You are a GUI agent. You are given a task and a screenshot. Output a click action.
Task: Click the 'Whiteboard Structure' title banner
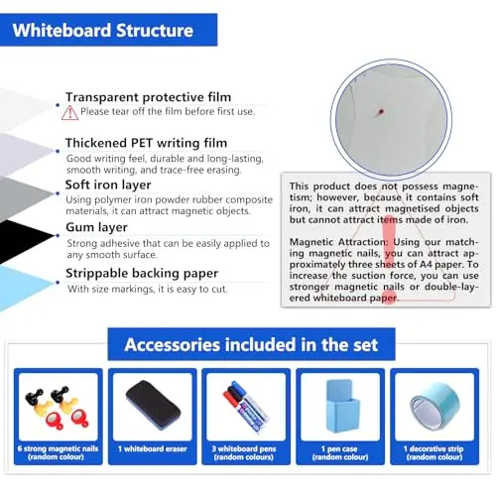108,30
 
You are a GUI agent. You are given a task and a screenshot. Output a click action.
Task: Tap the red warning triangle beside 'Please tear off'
69,112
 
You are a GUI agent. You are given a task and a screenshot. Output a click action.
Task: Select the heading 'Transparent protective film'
148,97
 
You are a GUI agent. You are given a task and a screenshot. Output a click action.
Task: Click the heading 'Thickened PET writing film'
146,143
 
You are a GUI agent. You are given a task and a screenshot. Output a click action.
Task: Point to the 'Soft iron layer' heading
108,185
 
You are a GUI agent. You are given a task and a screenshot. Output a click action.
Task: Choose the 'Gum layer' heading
96,227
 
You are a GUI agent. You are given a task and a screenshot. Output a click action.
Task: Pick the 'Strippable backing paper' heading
142,273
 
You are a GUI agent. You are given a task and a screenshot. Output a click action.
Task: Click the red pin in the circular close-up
380,112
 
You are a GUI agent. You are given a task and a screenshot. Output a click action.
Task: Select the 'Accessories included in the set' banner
251,344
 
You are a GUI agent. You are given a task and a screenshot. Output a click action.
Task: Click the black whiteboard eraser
153,405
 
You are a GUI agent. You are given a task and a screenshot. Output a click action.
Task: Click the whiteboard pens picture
246,407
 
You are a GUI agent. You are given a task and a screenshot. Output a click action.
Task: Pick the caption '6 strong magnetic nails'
58,448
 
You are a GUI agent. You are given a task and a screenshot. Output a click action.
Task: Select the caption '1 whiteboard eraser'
153,448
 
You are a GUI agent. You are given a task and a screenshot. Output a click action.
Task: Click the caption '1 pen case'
339,448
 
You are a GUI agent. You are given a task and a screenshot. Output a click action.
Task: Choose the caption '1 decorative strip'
434,448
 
